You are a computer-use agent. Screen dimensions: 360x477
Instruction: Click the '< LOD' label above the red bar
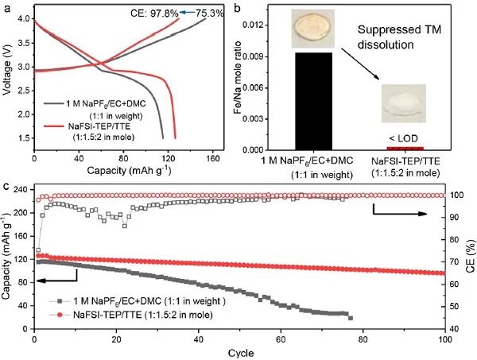404,137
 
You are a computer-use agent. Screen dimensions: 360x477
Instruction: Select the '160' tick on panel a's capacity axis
212,157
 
